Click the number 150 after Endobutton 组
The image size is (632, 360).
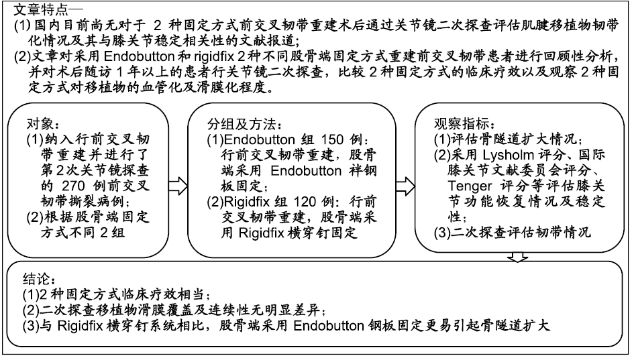coord(332,139)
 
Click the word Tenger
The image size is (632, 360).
coord(470,186)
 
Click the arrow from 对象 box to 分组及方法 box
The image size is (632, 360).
coord(178,186)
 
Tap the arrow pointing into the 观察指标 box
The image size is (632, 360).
coord(405,186)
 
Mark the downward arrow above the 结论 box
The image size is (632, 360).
coord(518,257)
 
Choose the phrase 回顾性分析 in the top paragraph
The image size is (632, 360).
coord(582,56)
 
